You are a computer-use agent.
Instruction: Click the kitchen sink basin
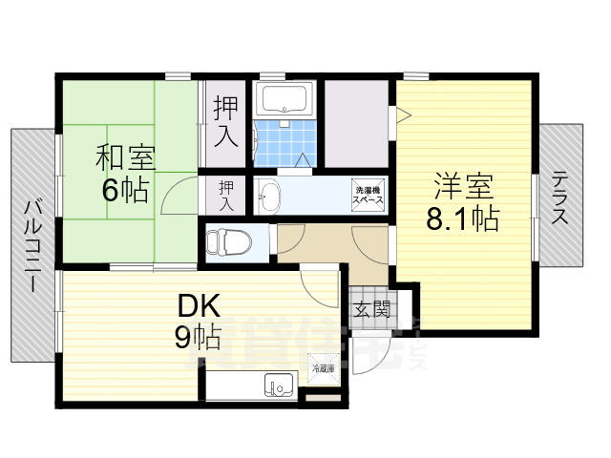tap(279, 386)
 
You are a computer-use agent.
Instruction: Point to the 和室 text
tap(124, 156)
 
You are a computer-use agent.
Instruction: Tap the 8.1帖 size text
tap(462, 219)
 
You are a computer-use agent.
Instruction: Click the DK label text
tap(199, 306)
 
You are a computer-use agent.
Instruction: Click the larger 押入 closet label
tap(225, 121)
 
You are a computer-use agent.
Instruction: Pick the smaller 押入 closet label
tap(225, 196)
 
